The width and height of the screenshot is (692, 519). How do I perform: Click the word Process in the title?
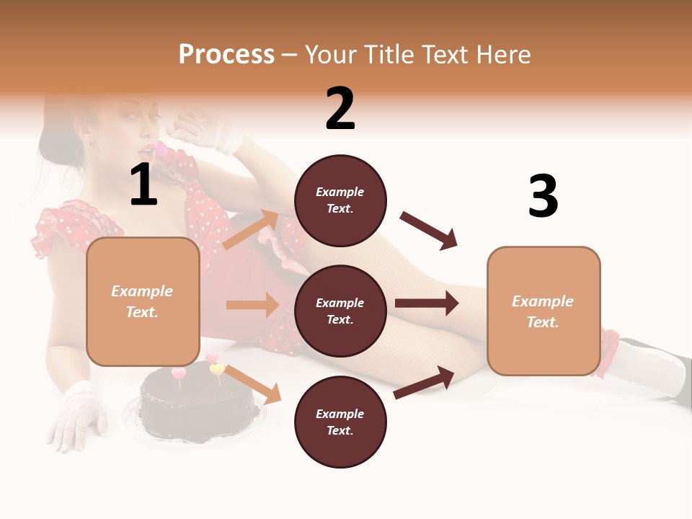click(x=226, y=55)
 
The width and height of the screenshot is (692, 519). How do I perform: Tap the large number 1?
click(x=143, y=185)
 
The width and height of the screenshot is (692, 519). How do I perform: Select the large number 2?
click(x=340, y=109)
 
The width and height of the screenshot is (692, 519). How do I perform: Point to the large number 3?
click(x=543, y=197)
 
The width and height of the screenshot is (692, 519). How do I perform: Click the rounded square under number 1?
click(x=143, y=301)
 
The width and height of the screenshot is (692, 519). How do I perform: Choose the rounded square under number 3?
click(x=544, y=311)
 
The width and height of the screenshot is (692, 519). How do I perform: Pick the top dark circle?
click(x=340, y=200)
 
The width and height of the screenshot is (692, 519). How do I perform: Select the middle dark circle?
click(x=340, y=311)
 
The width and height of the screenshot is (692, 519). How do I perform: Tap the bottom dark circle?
click(x=340, y=422)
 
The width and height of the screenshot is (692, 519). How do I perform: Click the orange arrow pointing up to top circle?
click(x=251, y=229)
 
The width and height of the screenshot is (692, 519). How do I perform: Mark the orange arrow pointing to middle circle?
click(x=252, y=305)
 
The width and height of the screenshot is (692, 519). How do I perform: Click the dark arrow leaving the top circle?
click(x=429, y=231)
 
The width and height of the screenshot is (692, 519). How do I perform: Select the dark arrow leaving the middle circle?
click(x=427, y=303)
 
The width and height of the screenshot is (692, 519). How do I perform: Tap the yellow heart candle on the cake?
click(x=216, y=370)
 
